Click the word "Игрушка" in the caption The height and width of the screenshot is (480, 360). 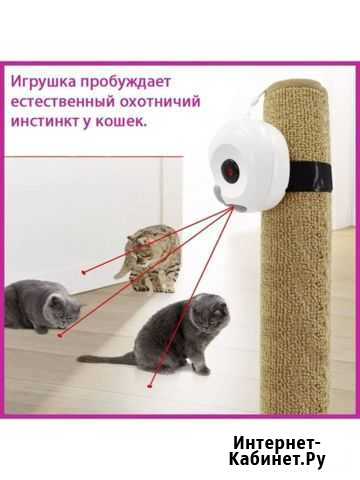pyautogui.click(x=44, y=82)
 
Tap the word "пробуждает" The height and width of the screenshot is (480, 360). pyautogui.click(x=126, y=82)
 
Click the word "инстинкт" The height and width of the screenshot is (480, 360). pyautogui.click(x=44, y=121)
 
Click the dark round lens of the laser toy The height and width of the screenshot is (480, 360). pyautogui.click(x=231, y=169)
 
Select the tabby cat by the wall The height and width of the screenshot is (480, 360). pyautogui.click(x=150, y=259)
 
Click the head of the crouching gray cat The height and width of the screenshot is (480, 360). pyautogui.click(x=63, y=310)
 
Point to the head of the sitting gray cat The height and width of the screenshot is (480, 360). pyautogui.click(x=210, y=310)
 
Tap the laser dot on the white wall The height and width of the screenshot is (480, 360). pyautogui.click(x=84, y=273)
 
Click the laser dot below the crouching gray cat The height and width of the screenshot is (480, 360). pyautogui.click(x=60, y=335)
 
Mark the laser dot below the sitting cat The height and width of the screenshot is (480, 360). pyautogui.click(x=149, y=386)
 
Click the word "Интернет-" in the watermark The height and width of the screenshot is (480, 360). pyautogui.click(x=277, y=443)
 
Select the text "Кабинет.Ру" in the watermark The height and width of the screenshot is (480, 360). pyautogui.click(x=277, y=460)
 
